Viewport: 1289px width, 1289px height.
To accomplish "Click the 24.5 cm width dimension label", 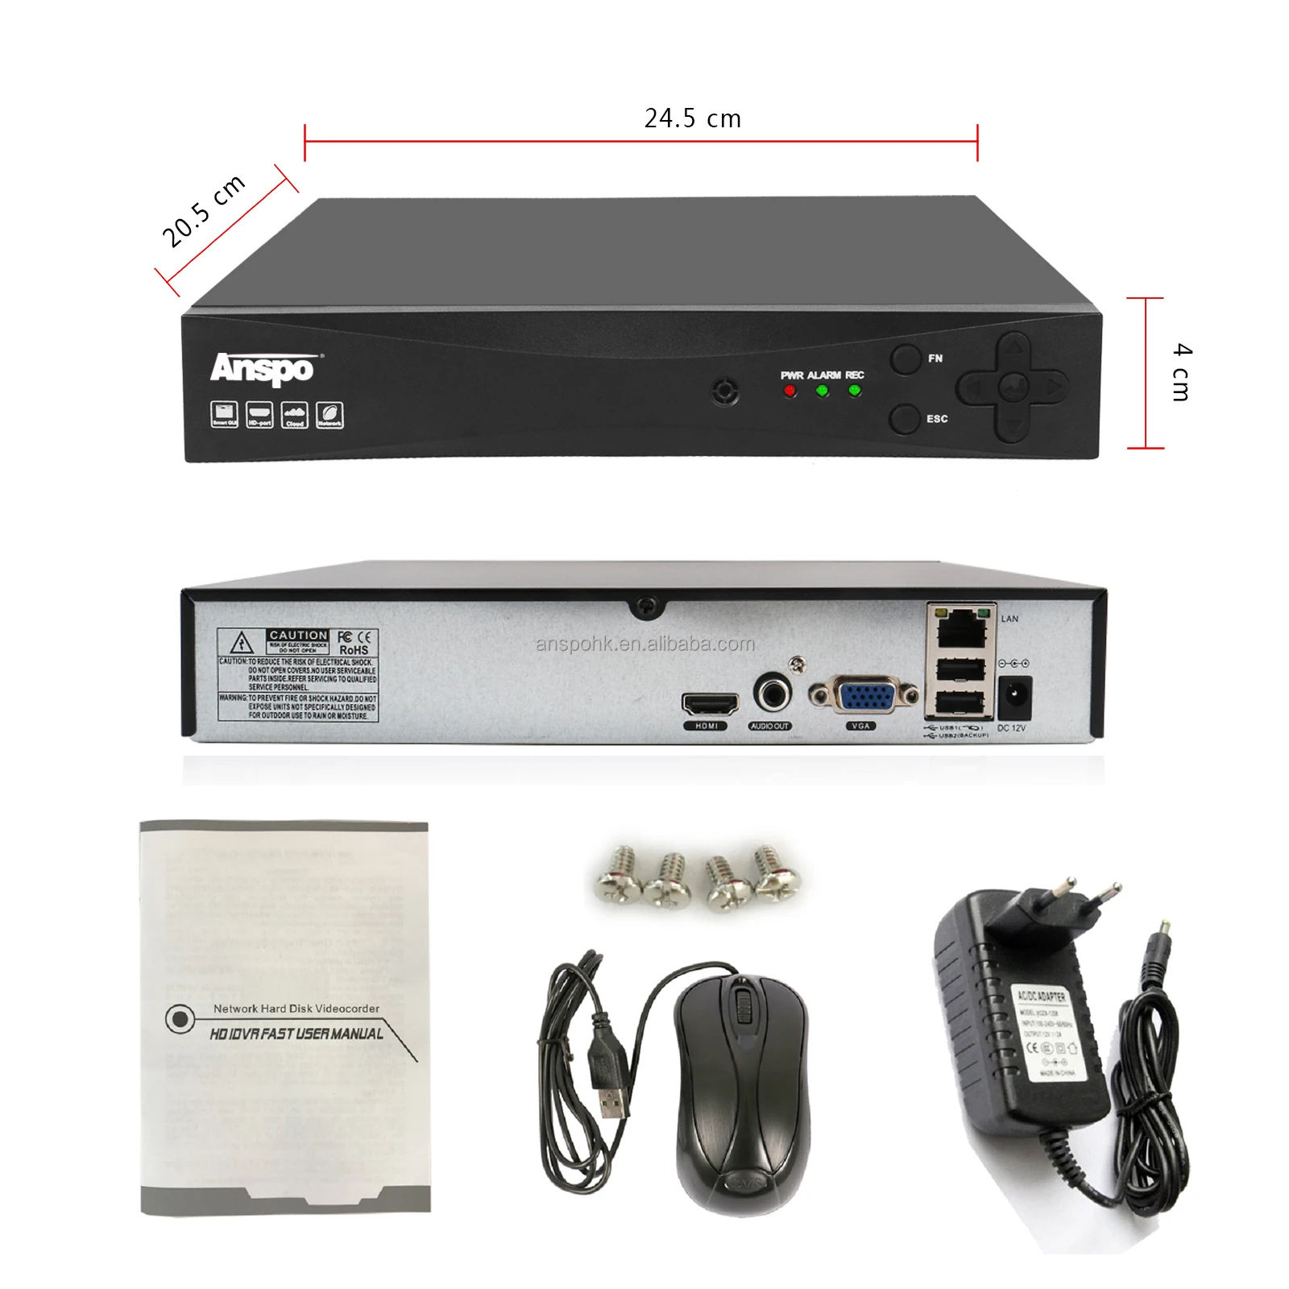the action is [x=692, y=118].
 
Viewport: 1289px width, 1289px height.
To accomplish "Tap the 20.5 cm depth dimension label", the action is [x=203, y=210].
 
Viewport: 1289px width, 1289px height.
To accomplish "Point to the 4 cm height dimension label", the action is [x=1182, y=371].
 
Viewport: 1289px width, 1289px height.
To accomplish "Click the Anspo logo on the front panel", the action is [x=262, y=369].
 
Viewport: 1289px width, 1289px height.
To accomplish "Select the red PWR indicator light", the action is [x=790, y=391].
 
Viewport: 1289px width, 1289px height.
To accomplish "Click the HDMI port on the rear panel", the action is [x=710, y=703].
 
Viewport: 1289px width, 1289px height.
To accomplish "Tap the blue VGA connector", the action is [x=864, y=694].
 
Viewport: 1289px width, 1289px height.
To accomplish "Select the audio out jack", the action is [x=771, y=693].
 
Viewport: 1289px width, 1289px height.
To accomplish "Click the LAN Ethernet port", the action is [x=961, y=628].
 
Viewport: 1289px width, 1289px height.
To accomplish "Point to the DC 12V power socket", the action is [x=1014, y=697].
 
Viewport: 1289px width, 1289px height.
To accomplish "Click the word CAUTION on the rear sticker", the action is [x=298, y=636].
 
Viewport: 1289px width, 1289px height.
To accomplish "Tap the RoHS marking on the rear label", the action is [x=354, y=650].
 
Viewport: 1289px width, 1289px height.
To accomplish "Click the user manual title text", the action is [x=296, y=1034].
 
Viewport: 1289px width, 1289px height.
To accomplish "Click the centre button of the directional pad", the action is [x=1012, y=388].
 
